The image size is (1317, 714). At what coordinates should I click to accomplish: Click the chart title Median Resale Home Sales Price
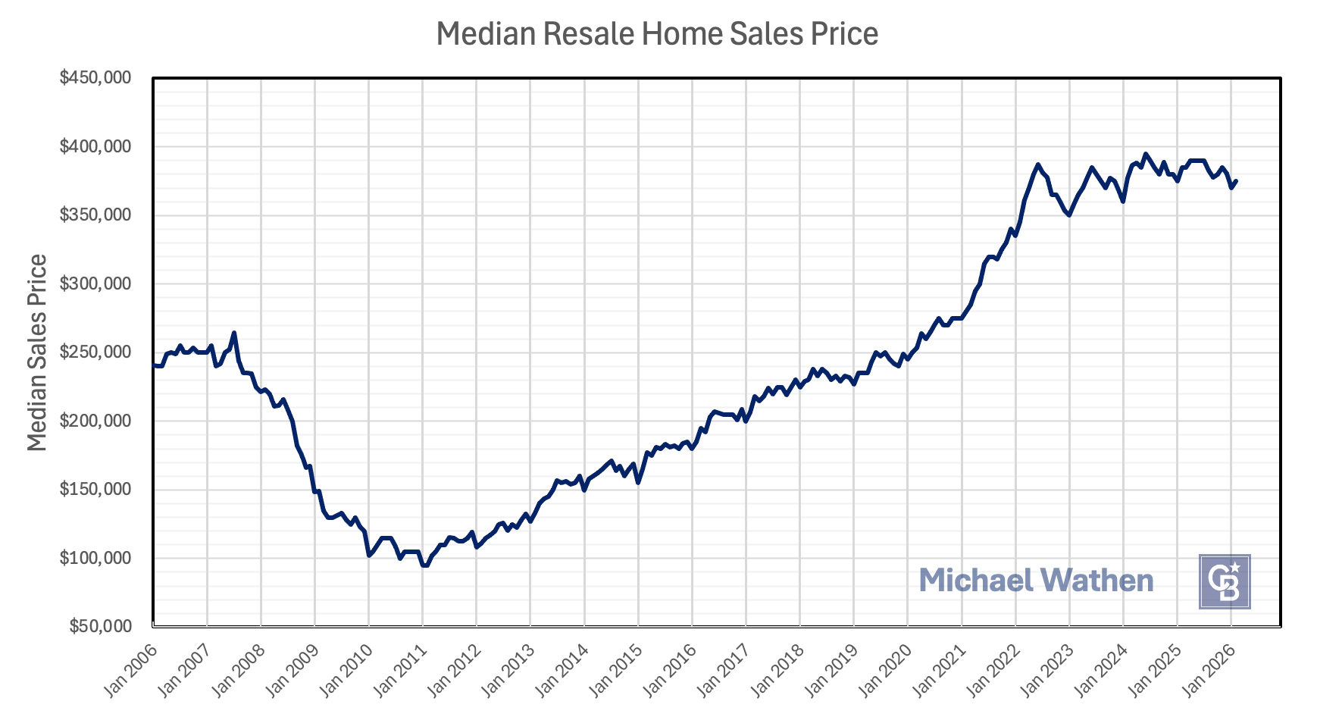tap(657, 35)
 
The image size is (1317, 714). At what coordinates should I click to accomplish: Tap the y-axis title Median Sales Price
tap(37, 352)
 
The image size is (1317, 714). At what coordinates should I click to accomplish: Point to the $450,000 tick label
tap(95, 77)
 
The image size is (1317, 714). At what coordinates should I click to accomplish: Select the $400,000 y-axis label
tap(95, 146)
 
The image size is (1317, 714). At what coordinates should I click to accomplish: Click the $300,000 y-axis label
tap(95, 283)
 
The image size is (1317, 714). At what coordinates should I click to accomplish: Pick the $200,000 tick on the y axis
tap(95, 421)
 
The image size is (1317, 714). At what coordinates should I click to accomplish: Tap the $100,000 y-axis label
tap(95, 558)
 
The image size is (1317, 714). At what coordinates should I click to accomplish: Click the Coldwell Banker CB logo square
tap(1225, 581)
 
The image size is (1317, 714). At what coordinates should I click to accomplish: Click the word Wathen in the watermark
tap(1096, 581)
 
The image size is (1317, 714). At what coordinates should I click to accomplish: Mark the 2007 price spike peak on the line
tap(234, 333)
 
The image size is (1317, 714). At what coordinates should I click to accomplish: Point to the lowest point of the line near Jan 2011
tap(424, 565)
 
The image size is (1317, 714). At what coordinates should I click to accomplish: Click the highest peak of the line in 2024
tap(1145, 154)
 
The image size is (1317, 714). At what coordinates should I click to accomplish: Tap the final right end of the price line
tap(1236, 181)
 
